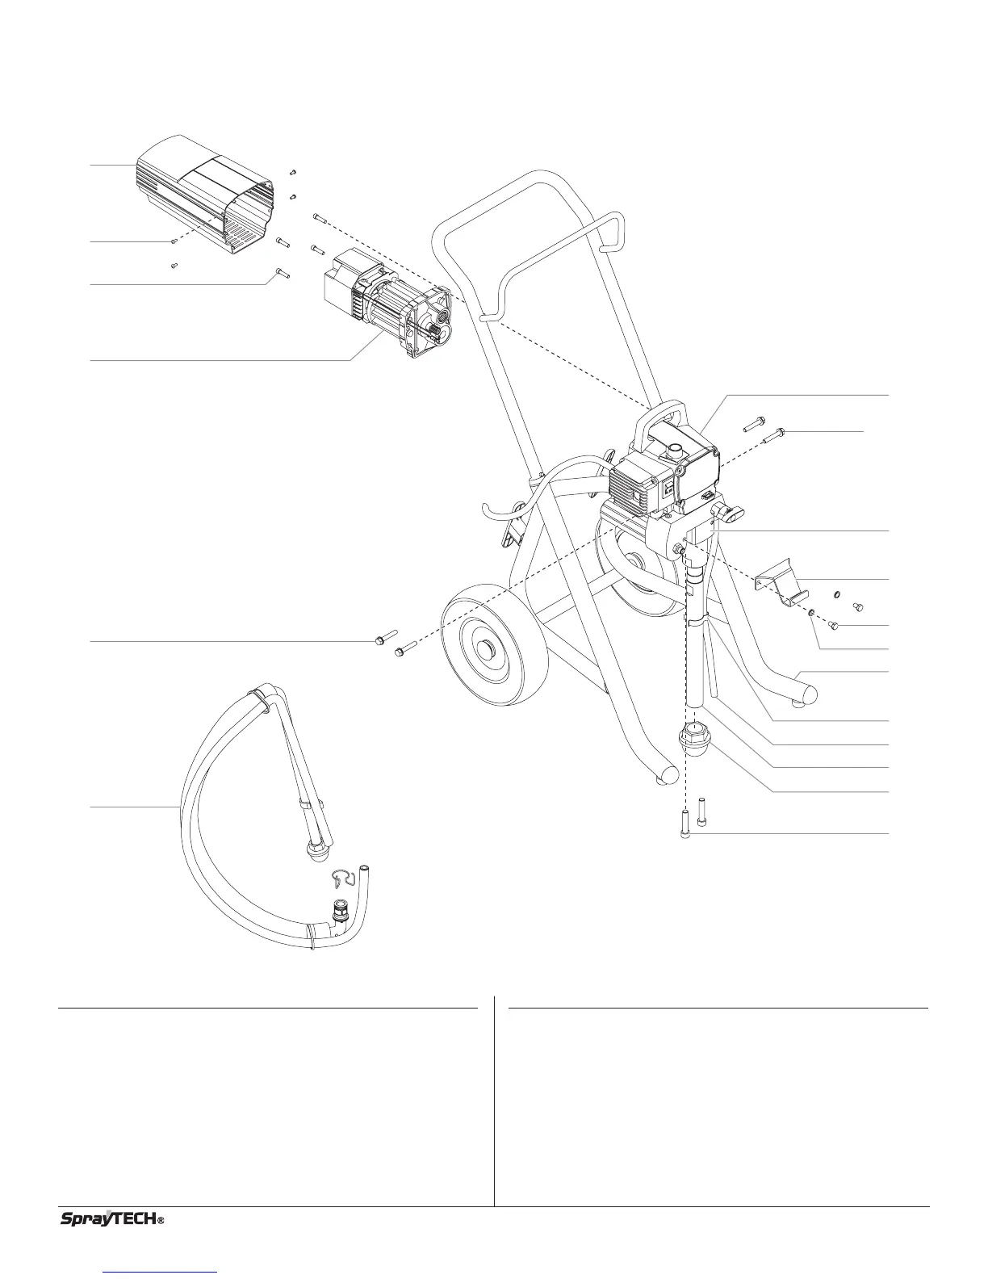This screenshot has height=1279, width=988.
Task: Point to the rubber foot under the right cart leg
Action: click(802, 703)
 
